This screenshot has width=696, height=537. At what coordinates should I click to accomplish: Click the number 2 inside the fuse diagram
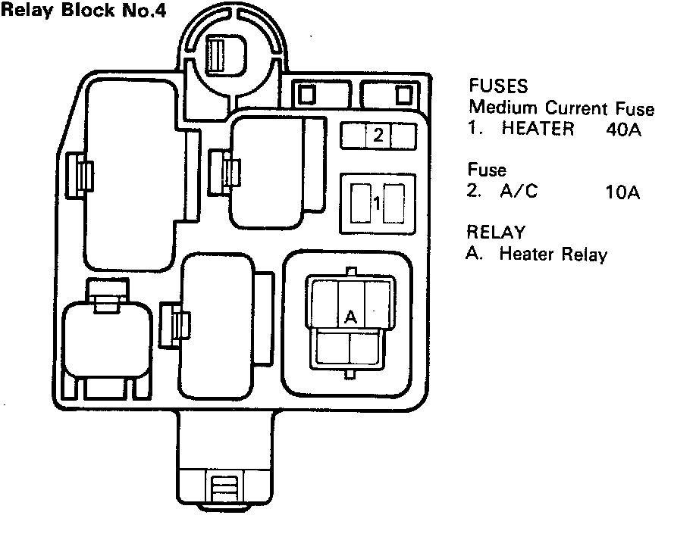click(x=378, y=136)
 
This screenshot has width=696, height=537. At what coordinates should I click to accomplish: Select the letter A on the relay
click(x=350, y=317)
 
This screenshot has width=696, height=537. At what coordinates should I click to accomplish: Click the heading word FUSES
click(x=497, y=85)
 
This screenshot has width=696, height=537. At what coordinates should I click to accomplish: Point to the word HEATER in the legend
click(x=538, y=129)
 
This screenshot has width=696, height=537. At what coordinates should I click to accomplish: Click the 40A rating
click(x=624, y=130)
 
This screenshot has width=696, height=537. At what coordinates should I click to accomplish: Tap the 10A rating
click(x=623, y=192)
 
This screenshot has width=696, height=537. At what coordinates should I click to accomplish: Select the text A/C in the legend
click(x=519, y=192)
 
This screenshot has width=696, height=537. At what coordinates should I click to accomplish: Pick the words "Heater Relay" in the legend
click(x=553, y=254)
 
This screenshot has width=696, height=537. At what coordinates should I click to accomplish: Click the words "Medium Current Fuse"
click(x=561, y=108)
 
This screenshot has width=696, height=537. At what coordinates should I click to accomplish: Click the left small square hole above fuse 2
click(x=308, y=92)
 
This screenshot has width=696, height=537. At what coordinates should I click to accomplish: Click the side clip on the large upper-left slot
click(x=80, y=174)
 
